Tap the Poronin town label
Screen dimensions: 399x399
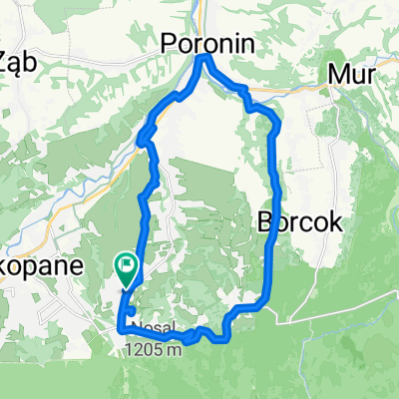point(206,43)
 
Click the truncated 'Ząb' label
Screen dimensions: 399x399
point(18,58)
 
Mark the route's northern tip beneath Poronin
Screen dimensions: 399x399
point(206,59)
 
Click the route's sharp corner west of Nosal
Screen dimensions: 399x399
point(121,327)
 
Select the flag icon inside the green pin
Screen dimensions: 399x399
point(127,265)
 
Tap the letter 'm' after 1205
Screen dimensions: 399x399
point(178,351)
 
